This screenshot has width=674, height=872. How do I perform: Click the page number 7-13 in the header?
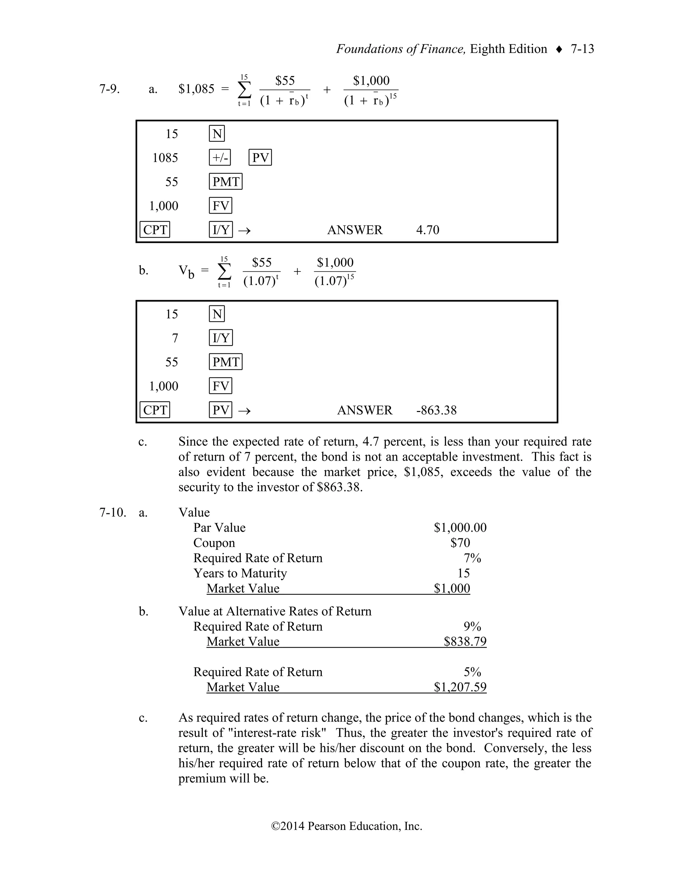(582, 49)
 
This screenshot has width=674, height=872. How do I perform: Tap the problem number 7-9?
(109, 89)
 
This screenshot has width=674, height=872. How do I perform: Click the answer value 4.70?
(428, 230)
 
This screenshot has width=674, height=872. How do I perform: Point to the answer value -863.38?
(436, 410)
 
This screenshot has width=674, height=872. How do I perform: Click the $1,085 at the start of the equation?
(196, 89)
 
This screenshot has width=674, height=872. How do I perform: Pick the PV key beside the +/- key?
(260, 158)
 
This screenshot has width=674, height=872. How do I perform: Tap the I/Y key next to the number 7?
(221, 338)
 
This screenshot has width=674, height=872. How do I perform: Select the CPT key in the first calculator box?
(155, 230)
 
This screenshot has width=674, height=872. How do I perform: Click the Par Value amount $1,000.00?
(460, 528)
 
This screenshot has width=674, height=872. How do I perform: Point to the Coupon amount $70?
(460, 543)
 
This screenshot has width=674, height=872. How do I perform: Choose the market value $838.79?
(465, 642)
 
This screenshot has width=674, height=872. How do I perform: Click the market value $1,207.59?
(460, 687)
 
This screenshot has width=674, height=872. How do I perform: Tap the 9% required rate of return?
(472, 627)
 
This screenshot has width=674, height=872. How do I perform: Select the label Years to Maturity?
(240, 573)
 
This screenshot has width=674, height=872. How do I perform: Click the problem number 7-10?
(113, 513)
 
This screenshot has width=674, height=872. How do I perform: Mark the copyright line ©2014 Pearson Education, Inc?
(347, 826)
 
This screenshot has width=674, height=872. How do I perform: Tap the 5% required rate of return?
(472, 672)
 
